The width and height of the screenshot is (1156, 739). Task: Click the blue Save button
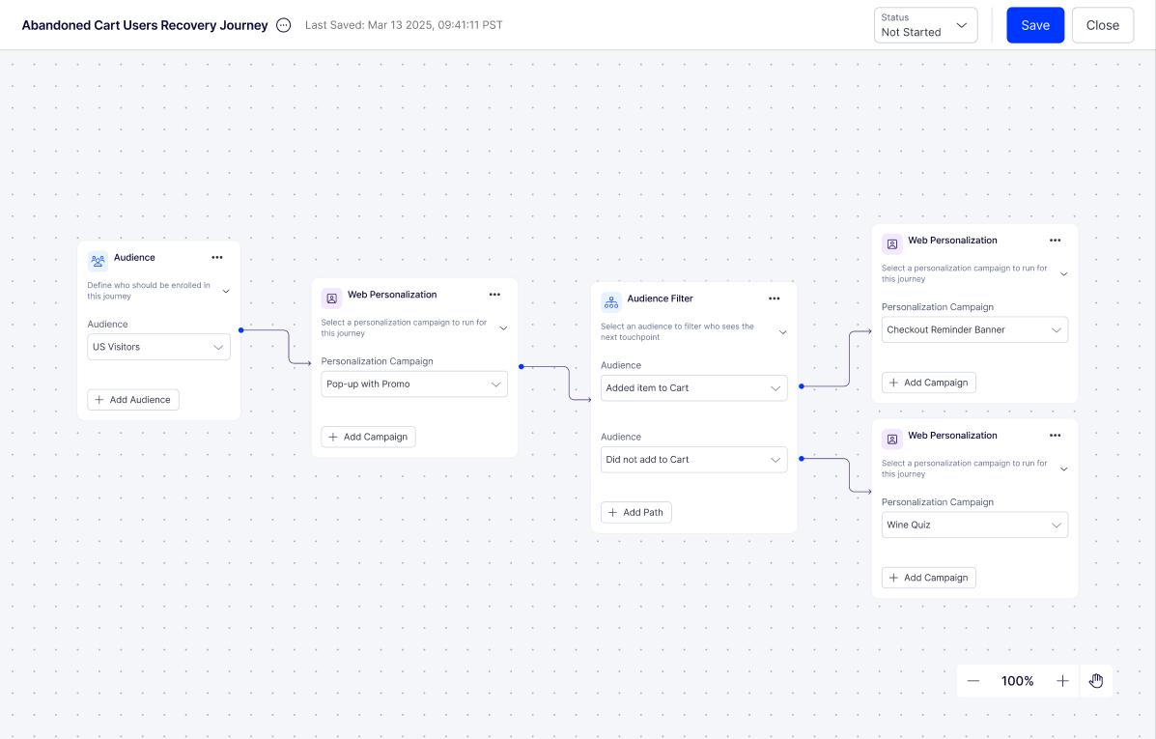click(1035, 25)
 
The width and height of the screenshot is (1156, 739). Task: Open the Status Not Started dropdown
click(925, 25)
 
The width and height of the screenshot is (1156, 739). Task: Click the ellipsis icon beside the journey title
click(284, 25)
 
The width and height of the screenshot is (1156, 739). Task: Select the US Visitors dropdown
click(158, 347)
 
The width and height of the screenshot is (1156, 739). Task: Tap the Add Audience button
click(132, 400)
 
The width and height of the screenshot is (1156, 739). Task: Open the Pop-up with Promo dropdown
click(414, 384)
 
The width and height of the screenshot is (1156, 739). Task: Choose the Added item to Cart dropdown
click(693, 388)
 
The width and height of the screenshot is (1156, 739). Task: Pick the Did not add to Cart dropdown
click(693, 460)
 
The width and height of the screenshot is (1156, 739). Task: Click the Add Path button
click(636, 513)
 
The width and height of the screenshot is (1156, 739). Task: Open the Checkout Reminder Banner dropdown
click(974, 329)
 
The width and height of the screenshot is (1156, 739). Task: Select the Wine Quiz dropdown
click(974, 526)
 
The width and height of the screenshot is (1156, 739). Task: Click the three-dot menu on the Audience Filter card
click(775, 298)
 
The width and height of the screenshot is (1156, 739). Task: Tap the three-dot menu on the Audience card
click(216, 257)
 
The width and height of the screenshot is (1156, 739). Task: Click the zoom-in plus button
click(1062, 681)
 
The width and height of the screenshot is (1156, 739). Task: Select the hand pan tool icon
click(1096, 681)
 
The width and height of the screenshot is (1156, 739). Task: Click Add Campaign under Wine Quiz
click(929, 578)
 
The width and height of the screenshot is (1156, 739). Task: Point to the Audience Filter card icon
click(611, 301)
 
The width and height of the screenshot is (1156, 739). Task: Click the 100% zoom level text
click(1017, 681)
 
